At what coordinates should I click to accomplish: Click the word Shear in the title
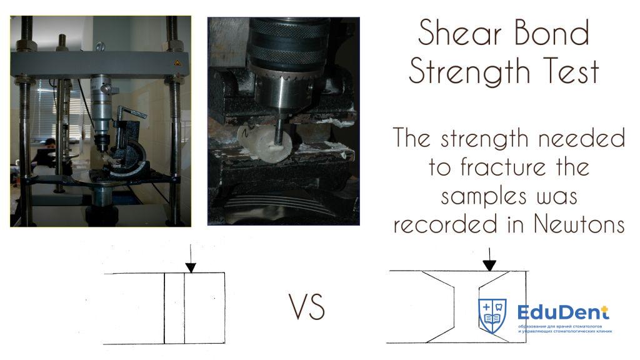pyautogui.click(x=459, y=32)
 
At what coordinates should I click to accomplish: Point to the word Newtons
pyautogui.click(x=579, y=224)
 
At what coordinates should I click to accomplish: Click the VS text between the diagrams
pyautogui.click(x=307, y=306)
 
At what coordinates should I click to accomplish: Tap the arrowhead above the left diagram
pyautogui.click(x=191, y=267)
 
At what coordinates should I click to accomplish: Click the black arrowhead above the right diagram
pyautogui.click(x=489, y=265)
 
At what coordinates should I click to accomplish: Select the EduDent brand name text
pyautogui.click(x=563, y=313)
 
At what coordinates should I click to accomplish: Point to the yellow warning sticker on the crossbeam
pyautogui.click(x=177, y=63)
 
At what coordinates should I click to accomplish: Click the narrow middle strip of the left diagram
pyautogui.click(x=174, y=308)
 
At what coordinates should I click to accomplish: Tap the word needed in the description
pyautogui.click(x=581, y=139)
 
